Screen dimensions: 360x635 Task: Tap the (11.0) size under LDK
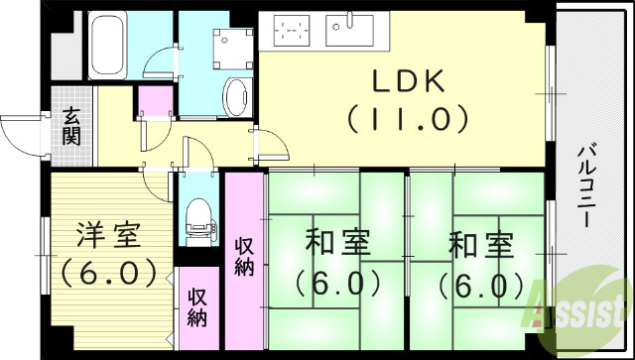pos(407,119)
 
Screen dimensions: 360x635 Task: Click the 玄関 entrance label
pos(72,126)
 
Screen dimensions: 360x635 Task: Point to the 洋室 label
pos(109,236)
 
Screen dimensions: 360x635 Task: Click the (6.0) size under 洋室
pos(109,270)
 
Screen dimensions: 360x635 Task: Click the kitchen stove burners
pos(293,34)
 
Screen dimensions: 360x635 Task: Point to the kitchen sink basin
pos(354,32)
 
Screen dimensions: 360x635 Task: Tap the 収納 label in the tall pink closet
pos(245,256)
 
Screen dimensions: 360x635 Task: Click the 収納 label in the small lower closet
pos(198,308)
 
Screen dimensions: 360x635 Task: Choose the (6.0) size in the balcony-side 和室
pos(481,286)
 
